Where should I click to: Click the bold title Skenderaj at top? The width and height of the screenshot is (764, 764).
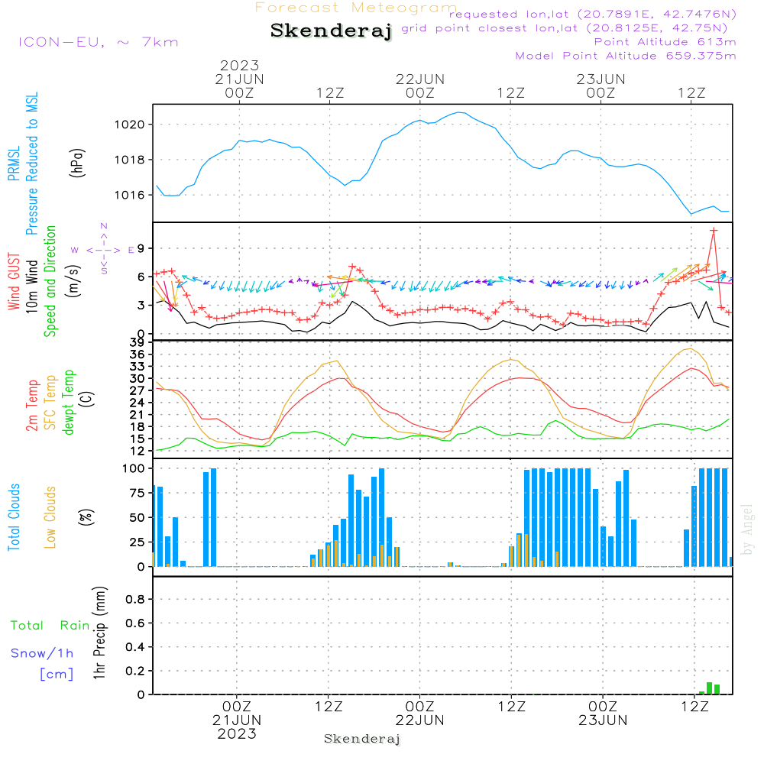coord(331,31)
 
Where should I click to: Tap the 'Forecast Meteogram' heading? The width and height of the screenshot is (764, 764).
coord(356,8)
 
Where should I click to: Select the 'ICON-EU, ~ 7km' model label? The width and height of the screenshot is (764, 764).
coord(98,42)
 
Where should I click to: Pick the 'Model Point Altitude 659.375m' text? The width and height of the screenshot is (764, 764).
coord(626,56)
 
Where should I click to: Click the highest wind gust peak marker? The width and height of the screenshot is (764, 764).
coord(714,230)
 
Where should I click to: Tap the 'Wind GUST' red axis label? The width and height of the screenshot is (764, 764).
coord(14,283)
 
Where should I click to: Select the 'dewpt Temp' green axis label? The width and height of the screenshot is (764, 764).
coord(70,402)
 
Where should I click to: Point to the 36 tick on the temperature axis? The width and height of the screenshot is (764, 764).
coord(138,354)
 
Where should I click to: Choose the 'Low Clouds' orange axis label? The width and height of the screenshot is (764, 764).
coord(50,517)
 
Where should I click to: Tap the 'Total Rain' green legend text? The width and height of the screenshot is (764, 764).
coord(50,626)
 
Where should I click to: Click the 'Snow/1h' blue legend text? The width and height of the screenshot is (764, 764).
coord(42,654)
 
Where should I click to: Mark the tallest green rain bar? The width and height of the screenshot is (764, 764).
coord(709,688)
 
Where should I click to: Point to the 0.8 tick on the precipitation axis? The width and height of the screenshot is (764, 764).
coord(135,600)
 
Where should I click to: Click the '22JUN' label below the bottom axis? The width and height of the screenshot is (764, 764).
coord(419,720)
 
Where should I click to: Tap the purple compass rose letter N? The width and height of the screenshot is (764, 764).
coord(104,226)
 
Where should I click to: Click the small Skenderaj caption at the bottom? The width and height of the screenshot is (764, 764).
coord(362,739)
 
